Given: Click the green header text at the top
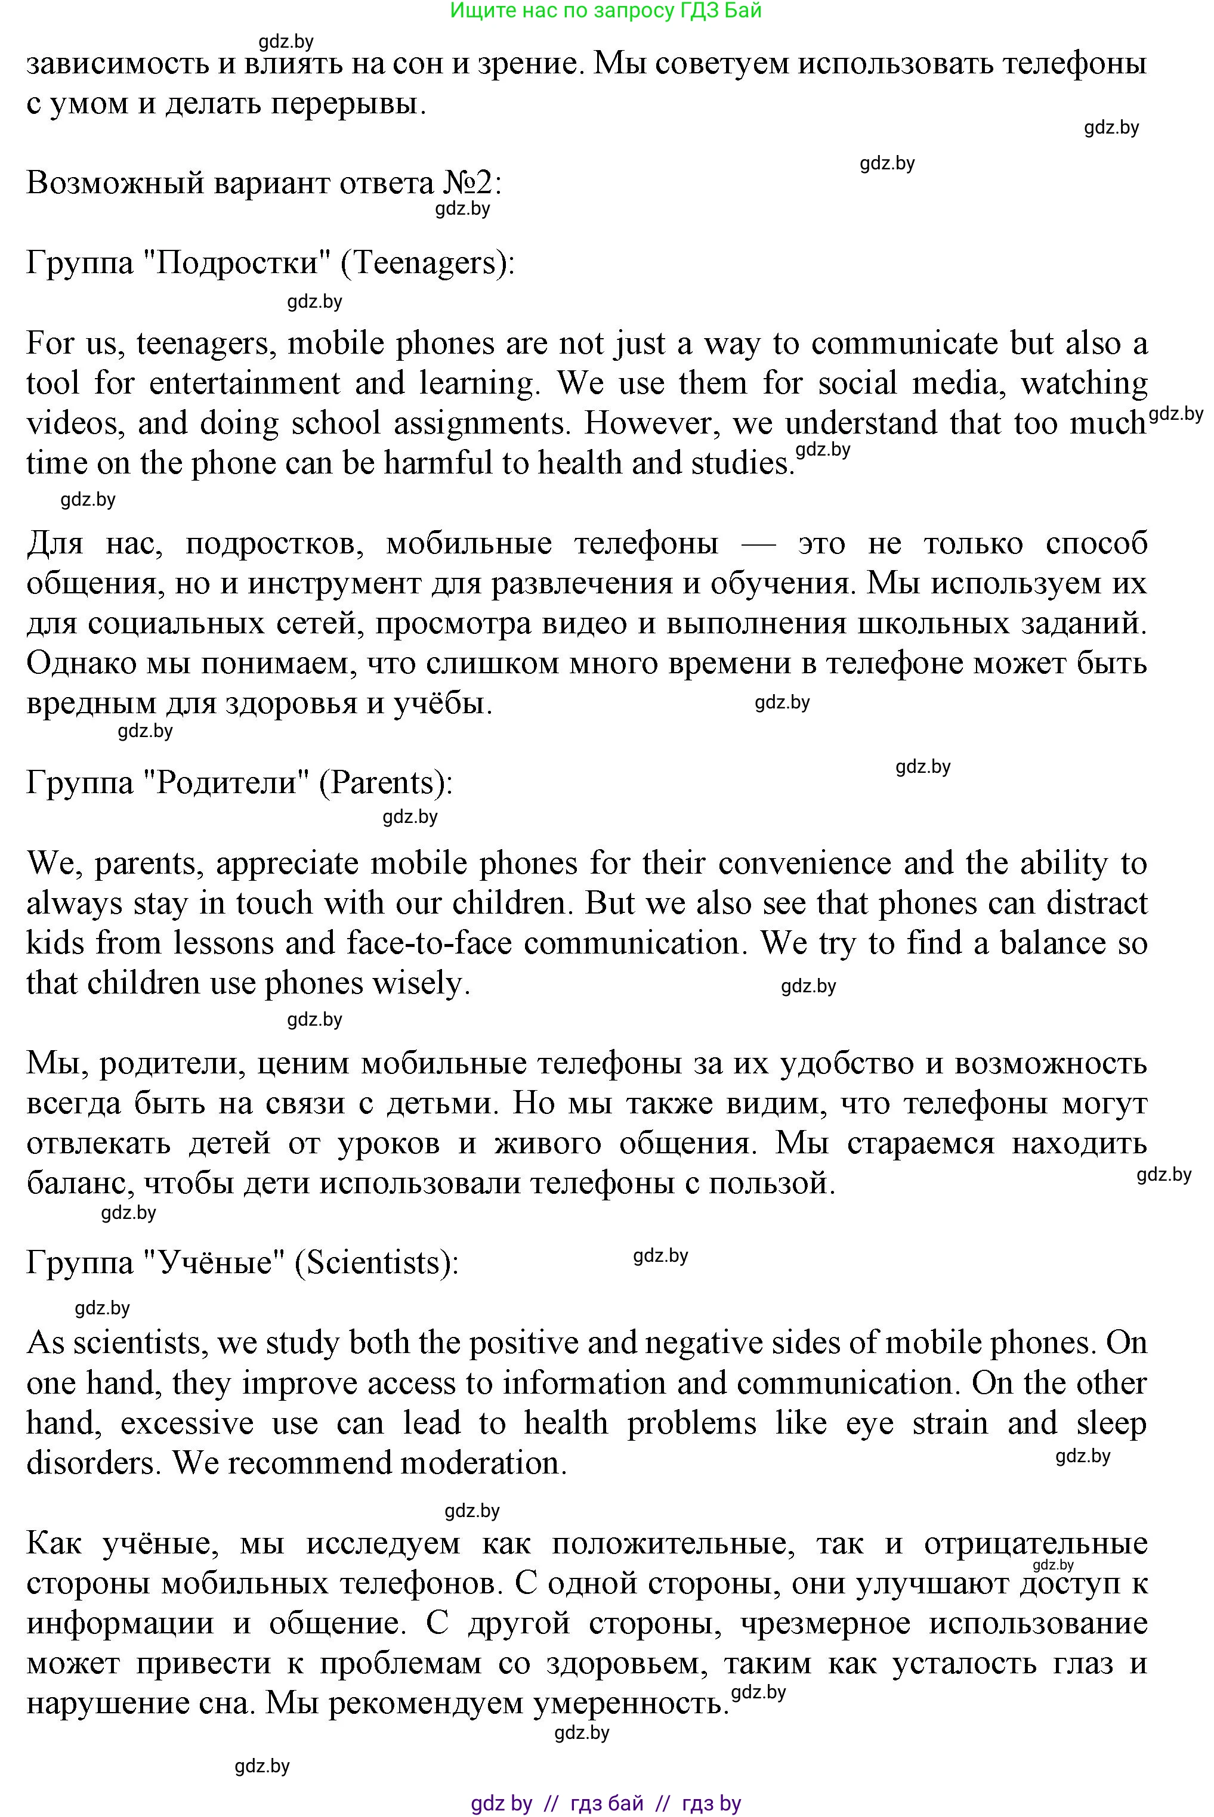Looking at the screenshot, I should click(x=606, y=11).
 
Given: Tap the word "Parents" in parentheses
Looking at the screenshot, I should click(x=383, y=782).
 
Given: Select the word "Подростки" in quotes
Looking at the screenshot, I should click(x=237, y=263).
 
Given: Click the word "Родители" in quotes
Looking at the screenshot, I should click(x=227, y=782).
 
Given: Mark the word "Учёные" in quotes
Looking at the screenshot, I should click(x=218, y=1262).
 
